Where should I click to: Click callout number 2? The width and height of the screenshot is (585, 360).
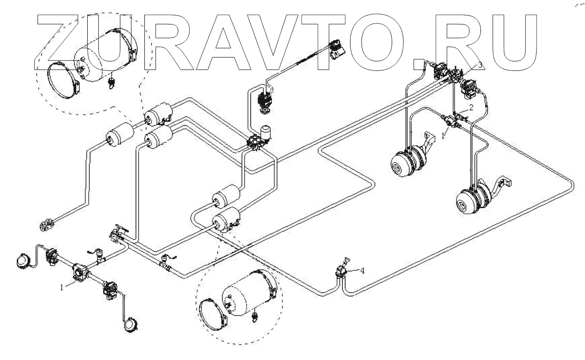471,108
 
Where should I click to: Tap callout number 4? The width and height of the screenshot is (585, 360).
363,270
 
